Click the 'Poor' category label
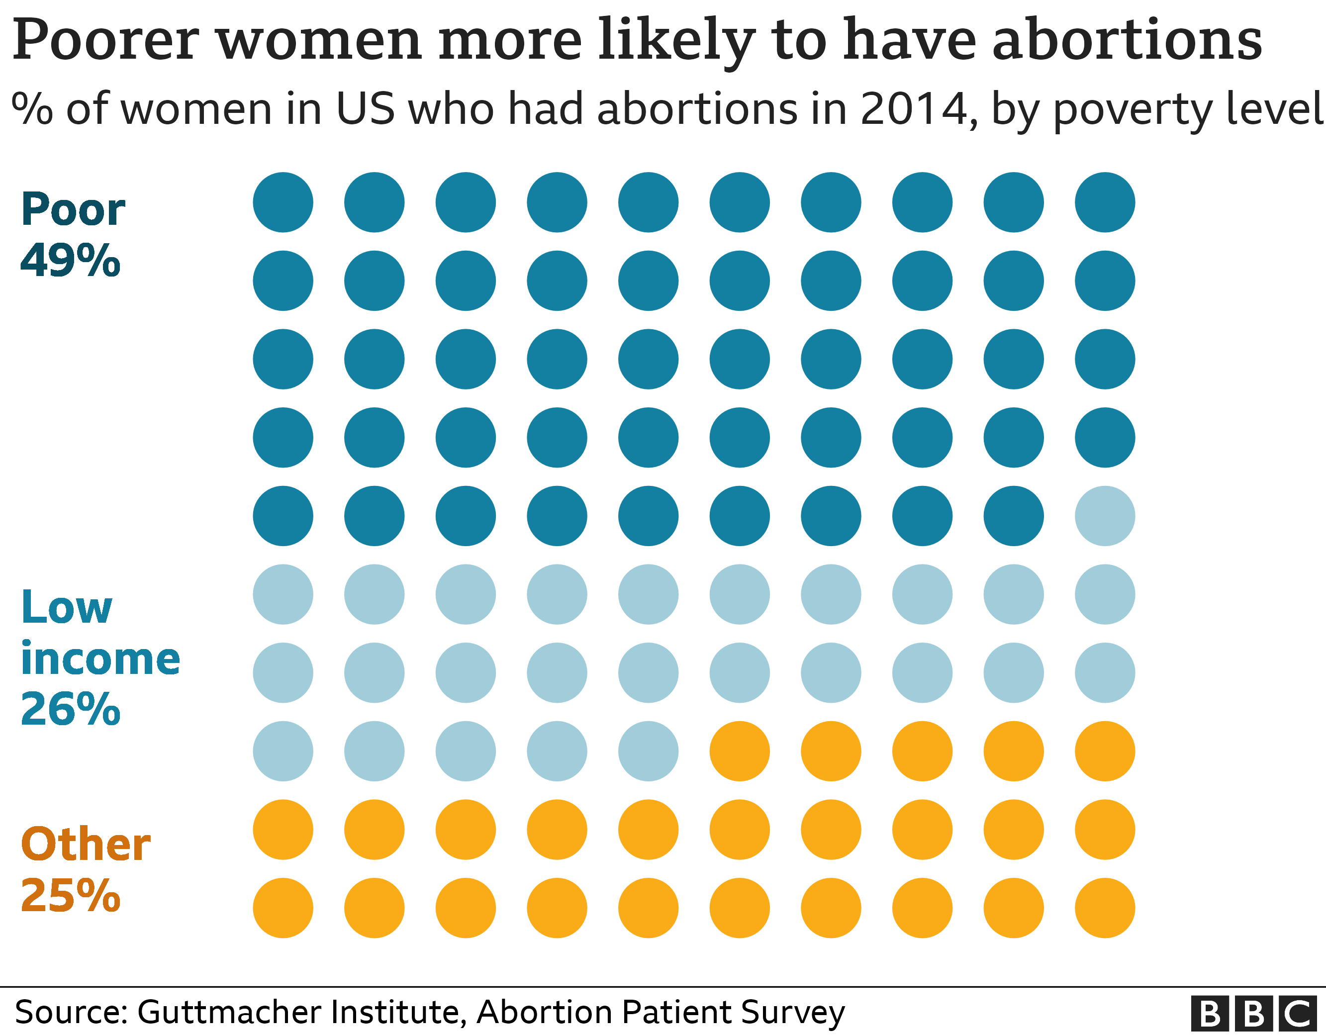point(73,210)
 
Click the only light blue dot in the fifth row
point(1104,516)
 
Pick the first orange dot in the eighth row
point(740,751)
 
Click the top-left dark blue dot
point(283,202)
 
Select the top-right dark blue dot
point(1104,202)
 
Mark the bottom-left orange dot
point(283,908)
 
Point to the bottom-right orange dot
point(1104,908)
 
